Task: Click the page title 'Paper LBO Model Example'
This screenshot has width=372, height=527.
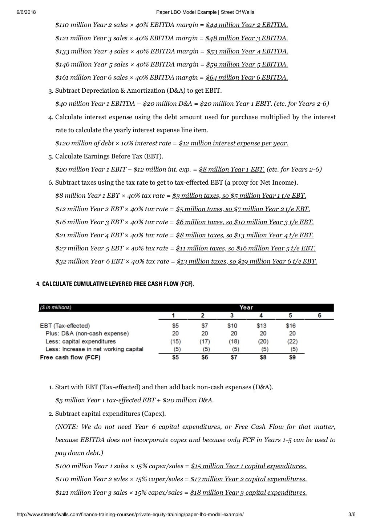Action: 186,12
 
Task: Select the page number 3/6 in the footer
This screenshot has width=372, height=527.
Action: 351,515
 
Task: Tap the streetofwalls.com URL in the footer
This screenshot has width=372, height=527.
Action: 130,515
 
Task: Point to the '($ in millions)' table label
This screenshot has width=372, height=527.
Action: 56,307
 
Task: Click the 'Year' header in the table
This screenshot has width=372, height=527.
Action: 246,307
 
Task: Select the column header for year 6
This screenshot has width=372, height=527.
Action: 319,315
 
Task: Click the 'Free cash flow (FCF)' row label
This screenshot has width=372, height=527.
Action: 70,357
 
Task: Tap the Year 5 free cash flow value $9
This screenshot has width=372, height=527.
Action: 292,357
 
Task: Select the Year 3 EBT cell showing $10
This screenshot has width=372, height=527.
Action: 232,326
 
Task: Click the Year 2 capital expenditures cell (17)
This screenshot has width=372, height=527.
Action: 205,342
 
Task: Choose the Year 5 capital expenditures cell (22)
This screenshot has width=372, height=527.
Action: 292,342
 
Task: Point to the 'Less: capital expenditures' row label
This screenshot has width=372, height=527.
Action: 80,342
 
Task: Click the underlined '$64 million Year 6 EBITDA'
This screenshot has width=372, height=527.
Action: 247,77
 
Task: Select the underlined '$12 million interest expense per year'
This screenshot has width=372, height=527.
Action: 233,143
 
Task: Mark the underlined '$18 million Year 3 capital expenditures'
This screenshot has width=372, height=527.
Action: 248,492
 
